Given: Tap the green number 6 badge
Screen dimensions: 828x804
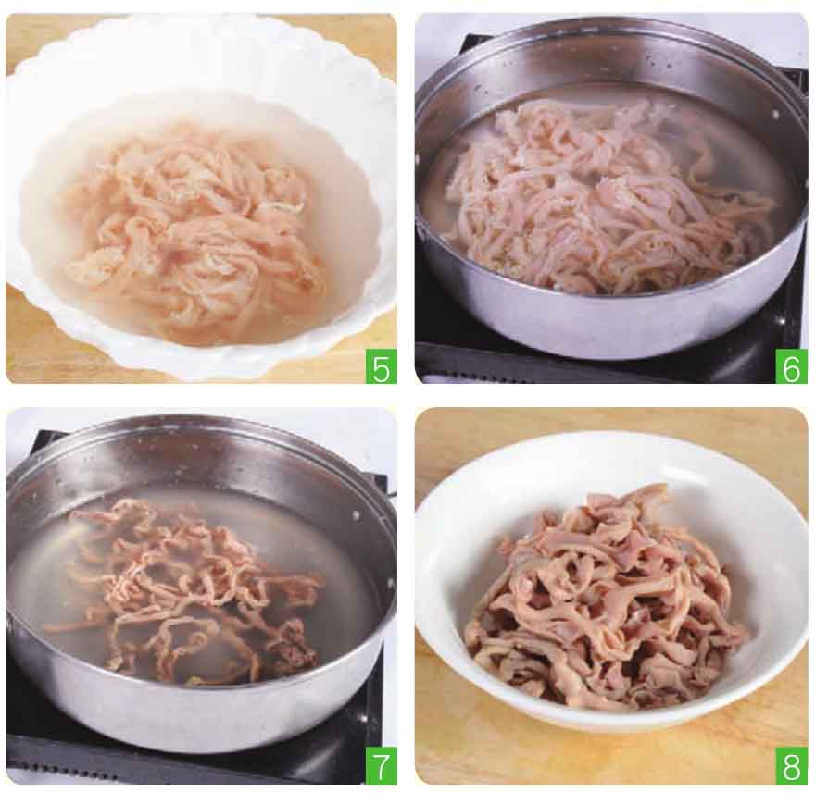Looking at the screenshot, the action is (791, 366).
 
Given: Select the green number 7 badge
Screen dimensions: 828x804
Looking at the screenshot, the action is (381, 766).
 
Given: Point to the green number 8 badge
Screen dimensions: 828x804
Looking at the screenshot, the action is (791, 766).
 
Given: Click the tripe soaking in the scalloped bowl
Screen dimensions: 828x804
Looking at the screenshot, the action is (195, 232).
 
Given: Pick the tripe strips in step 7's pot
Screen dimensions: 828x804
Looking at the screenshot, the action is (195, 586).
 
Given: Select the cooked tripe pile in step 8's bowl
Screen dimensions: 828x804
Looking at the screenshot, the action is (608, 601).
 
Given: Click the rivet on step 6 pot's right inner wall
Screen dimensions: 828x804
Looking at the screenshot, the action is (775, 114).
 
